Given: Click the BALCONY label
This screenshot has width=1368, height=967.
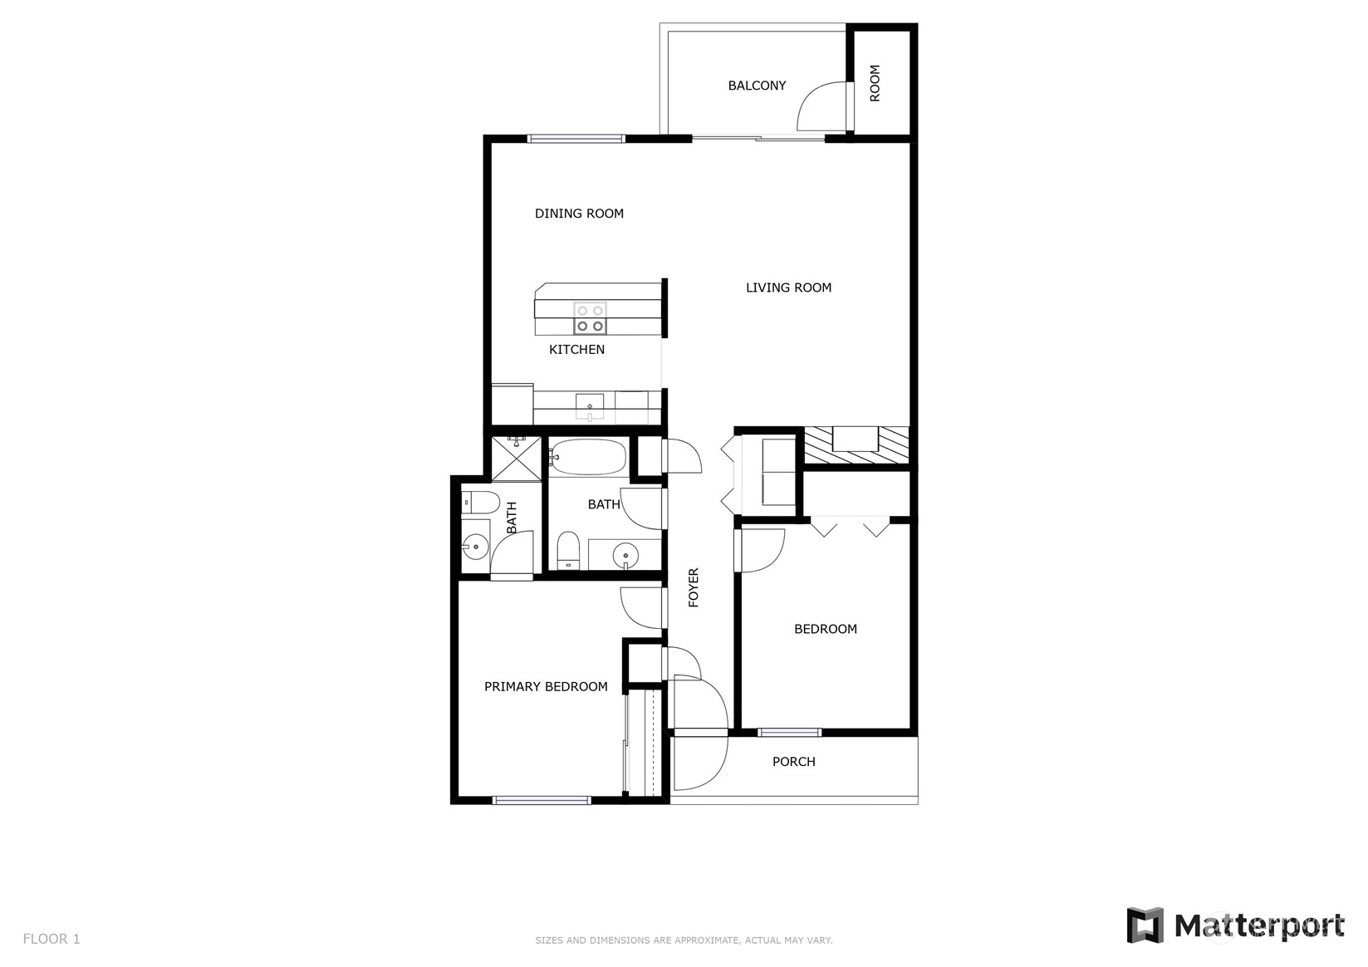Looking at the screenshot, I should (757, 86).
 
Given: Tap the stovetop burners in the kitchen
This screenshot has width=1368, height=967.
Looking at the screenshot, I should (590, 318).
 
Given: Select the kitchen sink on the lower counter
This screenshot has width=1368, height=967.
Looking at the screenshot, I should (590, 406).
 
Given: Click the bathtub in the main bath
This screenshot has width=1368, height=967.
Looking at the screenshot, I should (588, 457).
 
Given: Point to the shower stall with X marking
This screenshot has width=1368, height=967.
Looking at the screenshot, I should (517, 459).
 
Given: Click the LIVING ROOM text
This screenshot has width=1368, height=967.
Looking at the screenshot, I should (788, 287).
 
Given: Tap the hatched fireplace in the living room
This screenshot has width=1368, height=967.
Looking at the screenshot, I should (856, 445).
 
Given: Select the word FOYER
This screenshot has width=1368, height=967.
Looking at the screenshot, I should (694, 587).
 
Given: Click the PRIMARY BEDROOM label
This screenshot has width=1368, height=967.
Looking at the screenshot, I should (546, 686).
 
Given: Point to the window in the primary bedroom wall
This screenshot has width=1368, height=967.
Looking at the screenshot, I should (541, 800).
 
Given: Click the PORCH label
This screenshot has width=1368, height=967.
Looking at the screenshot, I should (793, 761).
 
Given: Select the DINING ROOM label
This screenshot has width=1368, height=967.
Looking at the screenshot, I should (579, 214).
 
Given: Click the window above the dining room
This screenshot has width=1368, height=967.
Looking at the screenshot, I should (576, 139).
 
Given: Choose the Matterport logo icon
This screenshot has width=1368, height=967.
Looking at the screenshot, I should (1145, 925).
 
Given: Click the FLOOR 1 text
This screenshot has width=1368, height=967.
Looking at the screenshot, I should (51, 939).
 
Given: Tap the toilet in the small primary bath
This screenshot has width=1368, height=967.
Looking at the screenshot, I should (480, 503).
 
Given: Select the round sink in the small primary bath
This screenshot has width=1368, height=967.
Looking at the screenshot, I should (475, 547).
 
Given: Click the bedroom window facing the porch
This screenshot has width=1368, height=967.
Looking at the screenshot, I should (789, 732).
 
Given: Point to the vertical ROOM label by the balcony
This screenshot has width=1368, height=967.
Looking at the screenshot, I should (875, 83).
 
